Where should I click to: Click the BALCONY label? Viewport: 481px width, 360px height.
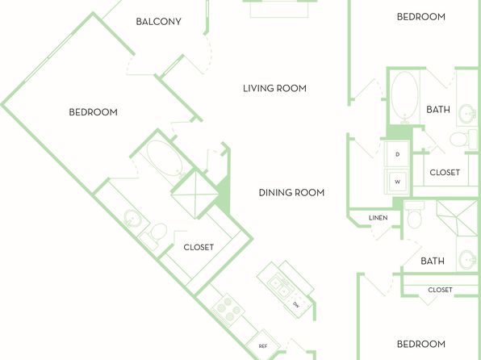pos(158,22)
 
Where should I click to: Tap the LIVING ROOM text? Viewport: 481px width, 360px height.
pos(274,89)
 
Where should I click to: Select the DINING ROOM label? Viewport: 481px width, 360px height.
pos(291,192)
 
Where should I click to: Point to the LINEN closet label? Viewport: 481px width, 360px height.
pos(378,218)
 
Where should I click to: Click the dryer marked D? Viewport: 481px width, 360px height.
pos(397,154)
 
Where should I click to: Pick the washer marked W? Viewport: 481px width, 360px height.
pos(397,182)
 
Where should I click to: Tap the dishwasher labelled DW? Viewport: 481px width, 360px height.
pos(296,304)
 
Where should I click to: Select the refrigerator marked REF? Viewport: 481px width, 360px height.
pos(263,346)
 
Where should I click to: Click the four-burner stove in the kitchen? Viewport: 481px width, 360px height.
pos(228,309)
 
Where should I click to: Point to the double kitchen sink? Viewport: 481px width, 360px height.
pos(282,284)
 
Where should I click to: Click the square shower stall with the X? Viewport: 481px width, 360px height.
pos(194,195)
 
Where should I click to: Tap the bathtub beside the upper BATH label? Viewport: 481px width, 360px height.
pos(404,96)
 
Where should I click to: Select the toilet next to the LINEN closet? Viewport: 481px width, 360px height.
pos(415,215)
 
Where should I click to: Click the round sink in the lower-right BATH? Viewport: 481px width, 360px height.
pos(467,259)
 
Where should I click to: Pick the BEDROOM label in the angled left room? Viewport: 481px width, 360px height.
pos(94,112)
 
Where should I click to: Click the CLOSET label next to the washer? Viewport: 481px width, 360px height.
pos(445,173)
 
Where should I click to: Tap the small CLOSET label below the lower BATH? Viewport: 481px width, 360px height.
pos(440,290)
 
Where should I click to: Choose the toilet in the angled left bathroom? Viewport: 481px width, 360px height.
pos(155,235)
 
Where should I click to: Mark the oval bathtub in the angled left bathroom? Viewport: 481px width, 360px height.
pos(165,159)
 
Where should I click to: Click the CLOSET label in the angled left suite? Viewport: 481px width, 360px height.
pos(199,247)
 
